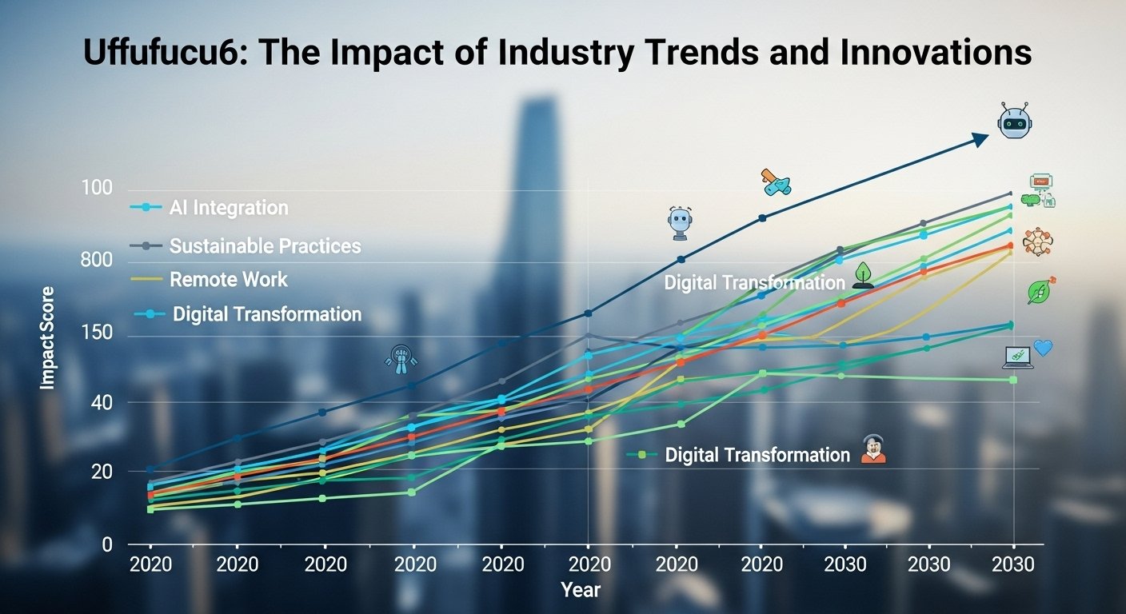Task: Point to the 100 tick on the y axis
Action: tap(97, 189)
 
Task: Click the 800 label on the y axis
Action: tap(97, 261)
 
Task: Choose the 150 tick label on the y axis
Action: tap(97, 333)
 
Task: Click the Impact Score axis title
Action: tap(48, 337)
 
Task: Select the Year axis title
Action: tap(581, 590)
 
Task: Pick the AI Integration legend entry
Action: tap(228, 208)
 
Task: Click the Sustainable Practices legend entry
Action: tap(265, 246)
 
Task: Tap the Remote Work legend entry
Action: tap(228, 280)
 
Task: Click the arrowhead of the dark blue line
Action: tap(981, 139)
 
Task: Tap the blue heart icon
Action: tap(1043, 348)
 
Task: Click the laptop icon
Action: tap(1017, 357)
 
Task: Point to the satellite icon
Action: tap(775, 184)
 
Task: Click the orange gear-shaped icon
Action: tap(1037, 241)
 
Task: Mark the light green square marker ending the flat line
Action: tap(1012, 379)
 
